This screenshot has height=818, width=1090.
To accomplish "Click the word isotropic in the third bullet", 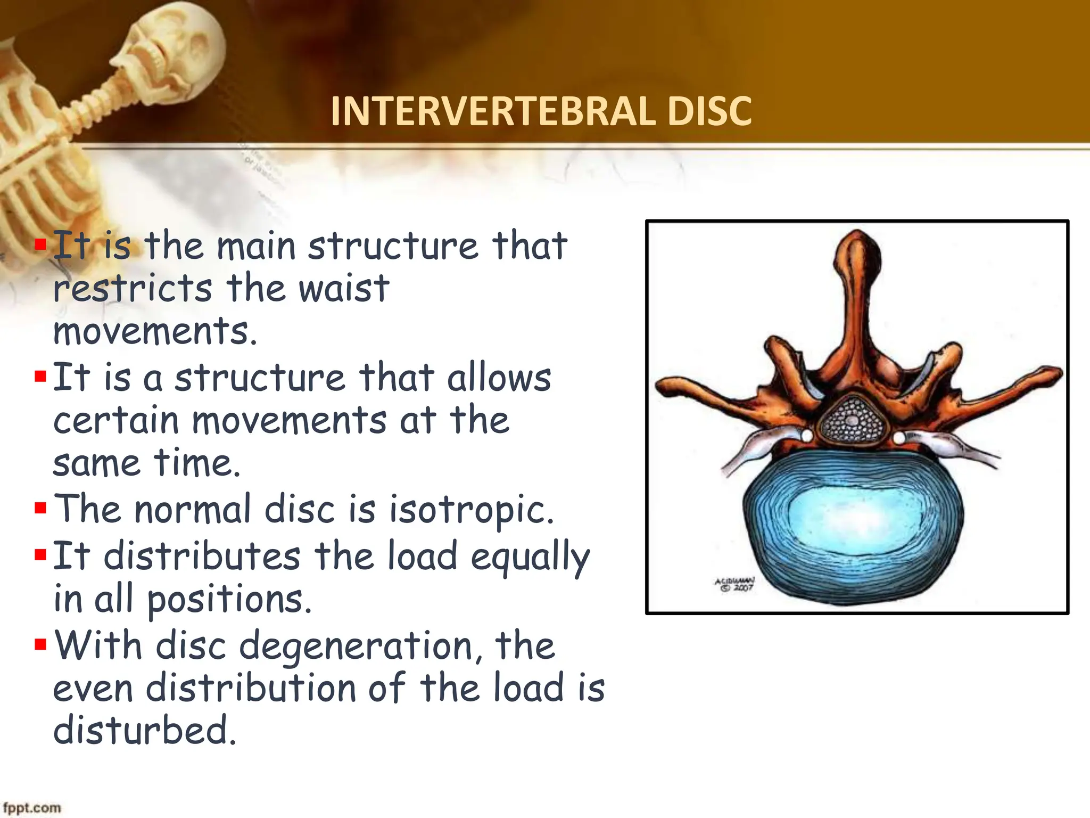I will point(471,510).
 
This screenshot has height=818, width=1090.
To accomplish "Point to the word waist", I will point(344,289).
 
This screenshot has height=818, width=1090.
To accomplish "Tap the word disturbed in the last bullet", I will point(144,731).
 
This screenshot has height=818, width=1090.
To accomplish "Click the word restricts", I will point(133,289).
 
